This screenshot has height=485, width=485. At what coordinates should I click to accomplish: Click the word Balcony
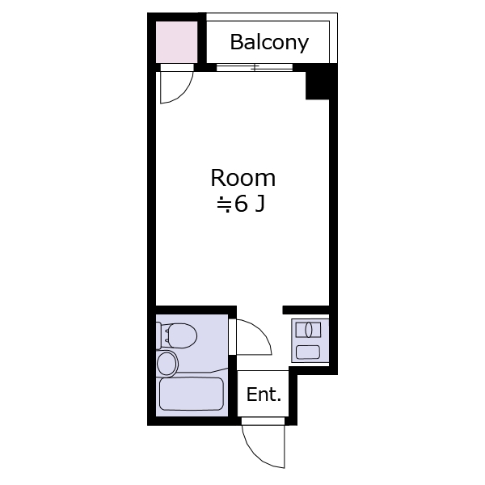(x=269, y=42)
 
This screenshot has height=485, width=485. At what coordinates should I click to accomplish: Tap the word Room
(x=242, y=178)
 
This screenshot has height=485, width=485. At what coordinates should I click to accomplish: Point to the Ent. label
(x=264, y=394)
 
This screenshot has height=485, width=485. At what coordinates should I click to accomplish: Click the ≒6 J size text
(x=241, y=205)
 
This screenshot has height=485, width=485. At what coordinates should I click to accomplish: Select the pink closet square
(x=176, y=42)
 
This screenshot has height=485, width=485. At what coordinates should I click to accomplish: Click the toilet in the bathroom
(x=176, y=336)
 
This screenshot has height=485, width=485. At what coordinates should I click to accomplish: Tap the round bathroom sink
(x=167, y=364)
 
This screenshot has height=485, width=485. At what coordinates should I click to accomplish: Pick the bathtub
(x=192, y=394)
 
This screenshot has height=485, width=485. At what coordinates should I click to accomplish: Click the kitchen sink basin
(x=308, y=352)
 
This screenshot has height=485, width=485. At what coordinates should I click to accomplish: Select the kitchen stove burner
(x=309, y=330)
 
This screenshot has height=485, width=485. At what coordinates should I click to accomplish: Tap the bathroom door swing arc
(x=259, y=332)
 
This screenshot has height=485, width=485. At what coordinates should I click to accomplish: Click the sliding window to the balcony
(x=255, y=67)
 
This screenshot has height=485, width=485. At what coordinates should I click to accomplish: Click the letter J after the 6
(x=259, y=205)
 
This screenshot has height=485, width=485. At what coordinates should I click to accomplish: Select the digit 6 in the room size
(x=241, y=205)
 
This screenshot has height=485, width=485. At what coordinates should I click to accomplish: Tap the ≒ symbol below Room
(x=224, y=205)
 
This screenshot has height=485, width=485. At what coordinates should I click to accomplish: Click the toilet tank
(x=158, y=336)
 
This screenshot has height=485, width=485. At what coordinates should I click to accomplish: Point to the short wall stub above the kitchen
(x=306, y=310)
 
